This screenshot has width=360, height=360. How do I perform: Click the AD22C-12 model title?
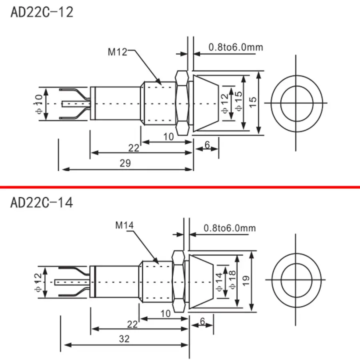pos(42,12)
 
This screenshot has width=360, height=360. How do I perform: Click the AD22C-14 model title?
pos(42,202)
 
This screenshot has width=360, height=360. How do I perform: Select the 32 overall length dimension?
pos(124,339)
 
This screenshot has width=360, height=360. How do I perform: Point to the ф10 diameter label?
pos(39,104)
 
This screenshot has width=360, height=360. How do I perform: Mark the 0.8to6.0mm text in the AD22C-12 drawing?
pos(236,47)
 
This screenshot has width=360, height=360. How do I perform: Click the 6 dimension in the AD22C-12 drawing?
pos(207,145)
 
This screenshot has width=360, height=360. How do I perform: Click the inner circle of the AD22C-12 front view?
pos(296,103)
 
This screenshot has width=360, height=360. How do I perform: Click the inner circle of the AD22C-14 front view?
pos(296,278)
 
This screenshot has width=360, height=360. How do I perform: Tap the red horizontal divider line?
pos(180,187)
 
